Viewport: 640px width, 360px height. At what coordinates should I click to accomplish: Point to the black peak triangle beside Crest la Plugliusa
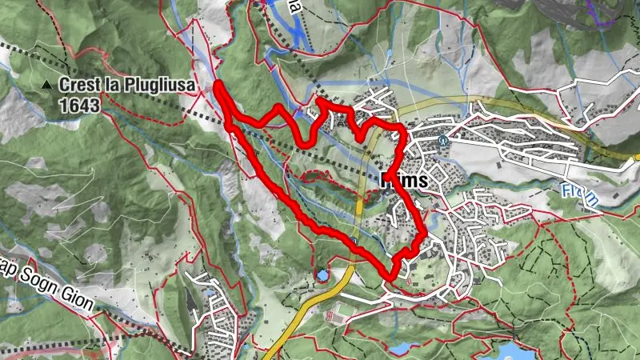48,84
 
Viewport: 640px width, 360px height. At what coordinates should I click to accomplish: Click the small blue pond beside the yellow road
322,274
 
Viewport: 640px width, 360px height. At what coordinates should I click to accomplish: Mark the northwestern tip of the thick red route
218,83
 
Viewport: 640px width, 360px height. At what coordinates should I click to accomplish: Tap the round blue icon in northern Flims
442,137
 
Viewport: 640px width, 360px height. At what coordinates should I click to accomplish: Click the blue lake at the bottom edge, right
512,350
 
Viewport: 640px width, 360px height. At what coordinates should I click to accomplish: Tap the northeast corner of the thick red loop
402,127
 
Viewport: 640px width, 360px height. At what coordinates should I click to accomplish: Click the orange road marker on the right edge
634,157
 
